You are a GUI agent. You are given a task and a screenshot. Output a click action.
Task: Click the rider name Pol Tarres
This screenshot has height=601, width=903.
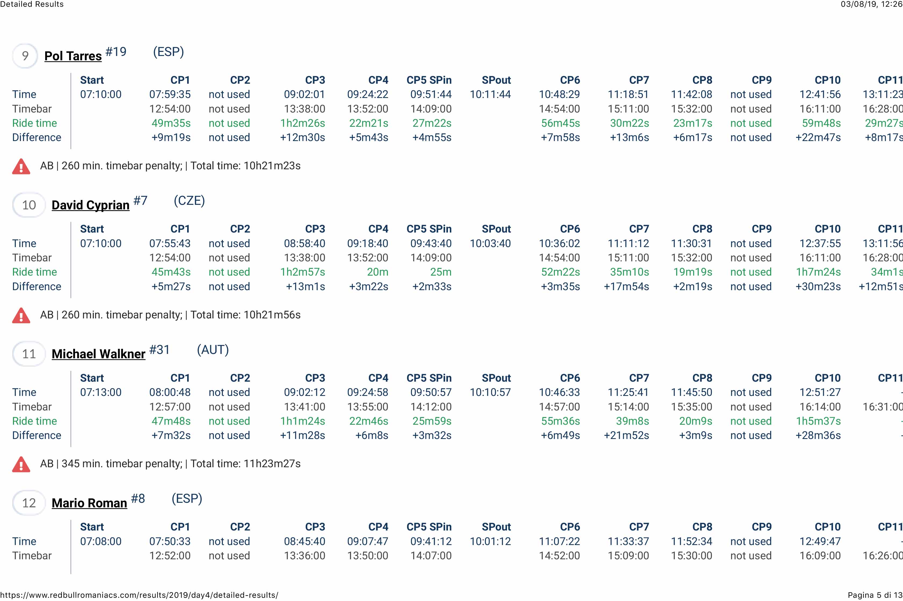pyautogui.click(x=73, y=56)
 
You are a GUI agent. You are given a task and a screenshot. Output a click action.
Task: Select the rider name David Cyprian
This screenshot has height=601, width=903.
pyautogui.click(x=90, y=205)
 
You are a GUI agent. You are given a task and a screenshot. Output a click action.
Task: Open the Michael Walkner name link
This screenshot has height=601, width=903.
pyautogui.click(x=98, y=354)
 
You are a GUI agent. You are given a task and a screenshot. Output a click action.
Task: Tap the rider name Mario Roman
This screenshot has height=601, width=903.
pyautogui.click(x=89, y=503)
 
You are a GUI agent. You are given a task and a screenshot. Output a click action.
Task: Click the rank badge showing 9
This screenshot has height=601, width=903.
pyautogui.click(x=25, y=56)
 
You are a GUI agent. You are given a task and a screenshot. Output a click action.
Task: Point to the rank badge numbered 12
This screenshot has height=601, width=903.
pyautogui.click(x=29, y=503)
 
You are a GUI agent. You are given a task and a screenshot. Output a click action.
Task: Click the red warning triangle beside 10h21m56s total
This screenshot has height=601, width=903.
pyautogui.click(x=21, y=315)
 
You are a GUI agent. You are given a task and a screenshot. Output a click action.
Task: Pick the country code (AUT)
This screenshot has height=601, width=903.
pyautogui.click(x=212, y=350)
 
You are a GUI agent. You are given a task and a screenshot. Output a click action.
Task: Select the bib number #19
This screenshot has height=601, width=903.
pyautogui.click(x=116, y=52)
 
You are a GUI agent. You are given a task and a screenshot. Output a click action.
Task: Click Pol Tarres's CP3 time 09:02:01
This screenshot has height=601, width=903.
pyautogui.click(x=304, y=94)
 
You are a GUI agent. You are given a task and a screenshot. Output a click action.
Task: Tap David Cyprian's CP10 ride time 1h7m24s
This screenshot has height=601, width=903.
pyautogui.click(x=818, y=272)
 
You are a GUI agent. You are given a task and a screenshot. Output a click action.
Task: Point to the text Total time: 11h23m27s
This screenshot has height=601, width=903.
pyautogui.click(x=245, y=464)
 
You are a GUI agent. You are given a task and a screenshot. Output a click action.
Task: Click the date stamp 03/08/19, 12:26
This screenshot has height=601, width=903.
pyautogui.click(x=871, y=4)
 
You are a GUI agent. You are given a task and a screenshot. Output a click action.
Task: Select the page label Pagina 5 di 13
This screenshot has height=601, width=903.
pyautogui.click(x=875, y=595)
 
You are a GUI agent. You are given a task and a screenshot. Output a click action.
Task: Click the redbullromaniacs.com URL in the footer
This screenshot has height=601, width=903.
pyautogui.click(x=139, y=595)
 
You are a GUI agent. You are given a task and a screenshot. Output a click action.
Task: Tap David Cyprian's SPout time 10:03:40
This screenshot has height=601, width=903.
pyautogui.click(x=490, y=243)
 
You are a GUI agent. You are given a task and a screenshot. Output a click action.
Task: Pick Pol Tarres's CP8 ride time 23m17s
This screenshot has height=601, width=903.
pyautogui.click(x=692, y=123)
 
